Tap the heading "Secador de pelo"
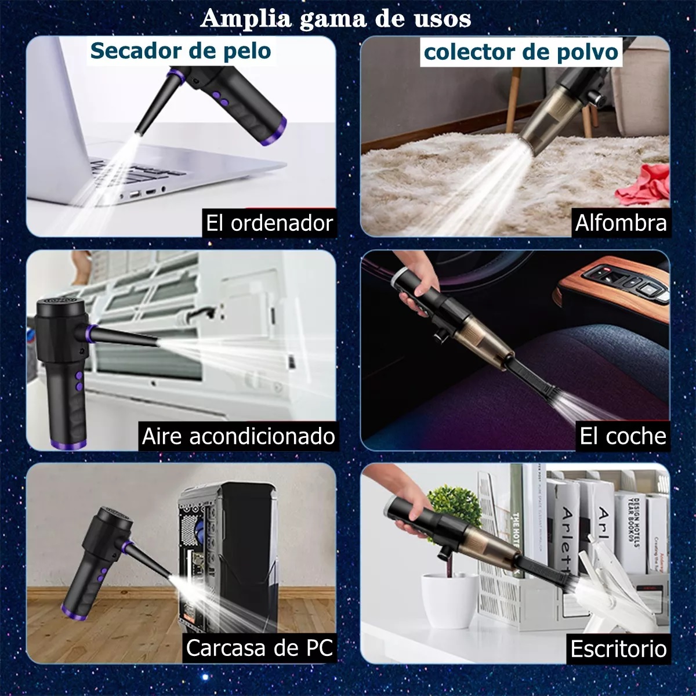coord(180,51)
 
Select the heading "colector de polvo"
coord(520,52)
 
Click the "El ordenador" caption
coord(269,223)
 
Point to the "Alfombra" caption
coord(621,223)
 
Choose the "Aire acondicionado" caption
coord(238,436)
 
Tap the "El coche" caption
coord(623,436)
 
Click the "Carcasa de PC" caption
coord(259,648)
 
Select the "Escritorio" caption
coord(618,648)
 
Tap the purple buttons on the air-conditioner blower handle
coord(77,379)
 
